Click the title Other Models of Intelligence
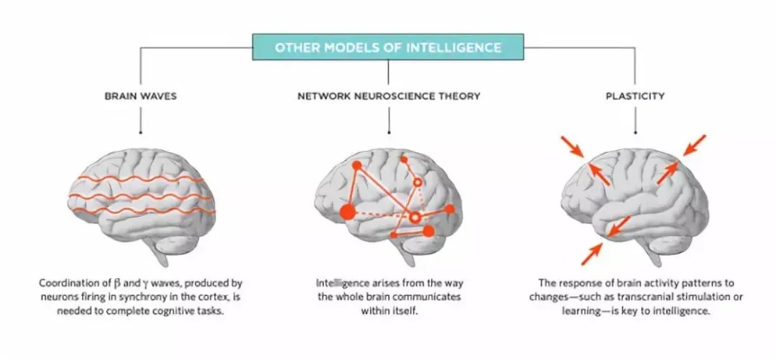click(387, 46)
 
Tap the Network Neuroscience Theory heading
click(387, 94)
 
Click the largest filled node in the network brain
click(347, 212)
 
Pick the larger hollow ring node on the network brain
click(414, 219)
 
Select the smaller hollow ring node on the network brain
click(418, 183)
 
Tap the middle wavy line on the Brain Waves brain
click(144, 194)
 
